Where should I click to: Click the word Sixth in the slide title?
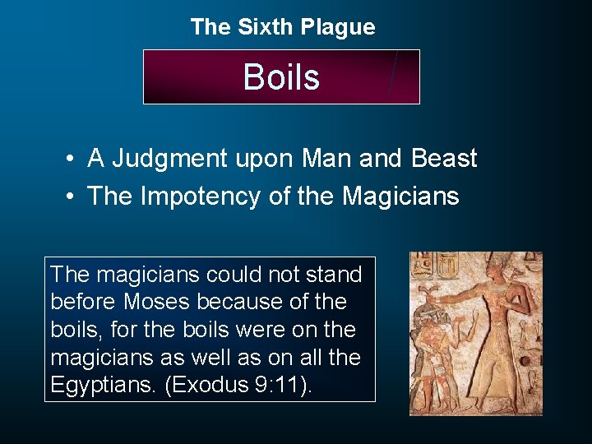click(265, 27)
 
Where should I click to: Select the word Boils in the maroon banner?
click(281, 77)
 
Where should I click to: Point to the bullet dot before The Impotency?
click(73, 197)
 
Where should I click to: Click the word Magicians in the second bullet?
click(400, 197)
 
